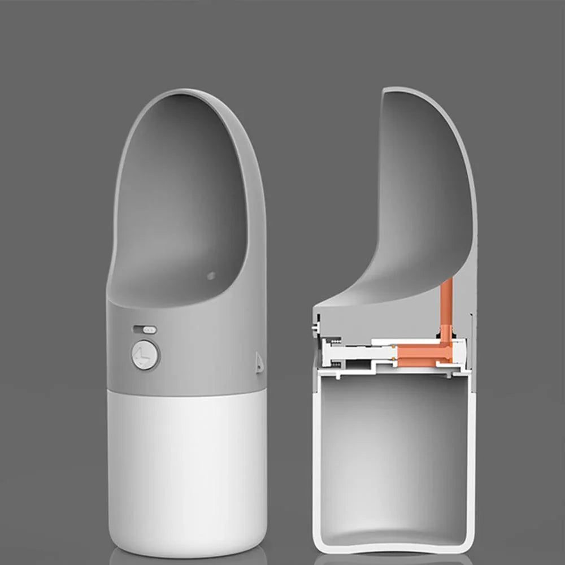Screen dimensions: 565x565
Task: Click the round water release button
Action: pyautogui.click(x=145, y=355)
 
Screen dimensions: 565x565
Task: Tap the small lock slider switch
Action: pyautogui.click(x=145, y=329)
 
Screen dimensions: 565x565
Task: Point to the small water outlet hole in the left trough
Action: pyautogui.click(x=211, y=276)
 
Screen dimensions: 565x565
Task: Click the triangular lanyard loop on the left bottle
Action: pyautogui.click(x=259, y=362)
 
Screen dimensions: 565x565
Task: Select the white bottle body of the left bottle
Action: pyautogui.click(x=186, y=463)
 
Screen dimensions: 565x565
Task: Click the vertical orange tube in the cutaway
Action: pyautogui.click(x=446, y=305)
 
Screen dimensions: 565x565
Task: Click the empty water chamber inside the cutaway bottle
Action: pyautogui.click(x=393, y=452)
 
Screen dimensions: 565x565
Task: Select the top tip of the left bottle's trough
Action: pyautogui.click(x=186, y=90)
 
